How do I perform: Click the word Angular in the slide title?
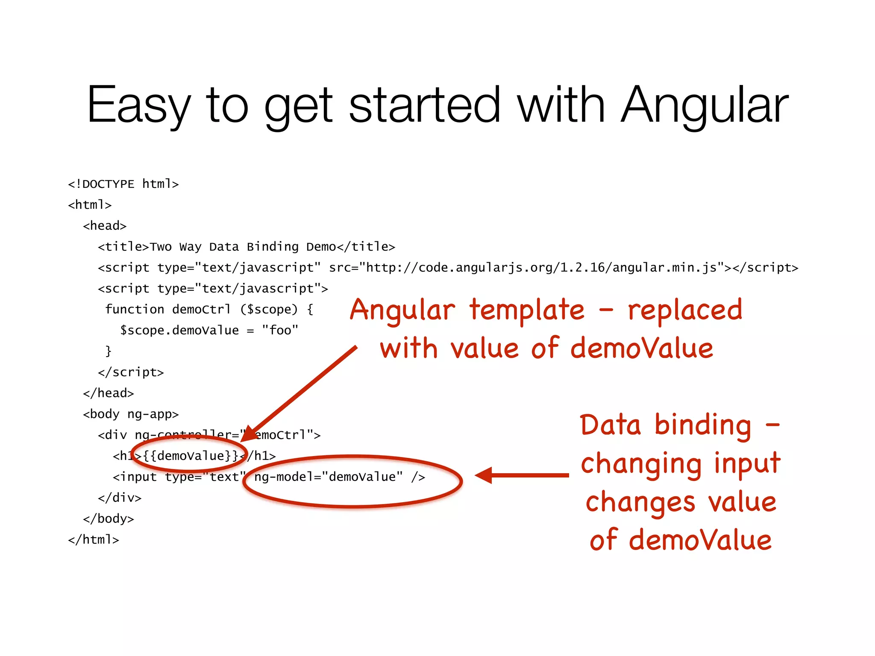(704, 105)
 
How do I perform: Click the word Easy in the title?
(138, 105)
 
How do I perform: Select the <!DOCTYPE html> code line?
(123, 184)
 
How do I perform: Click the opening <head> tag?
(105, 226)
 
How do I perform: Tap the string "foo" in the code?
(280, 330)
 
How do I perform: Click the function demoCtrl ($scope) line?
(209, 309)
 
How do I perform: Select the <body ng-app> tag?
(131, 414)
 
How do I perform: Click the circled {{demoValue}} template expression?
(191, 456)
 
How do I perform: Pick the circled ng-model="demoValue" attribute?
(328, 477)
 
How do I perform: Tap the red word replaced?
(685, 310)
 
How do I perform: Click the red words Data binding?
(665, 425)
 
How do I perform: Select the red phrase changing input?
(680, 464)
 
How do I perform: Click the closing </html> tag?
(94, 539)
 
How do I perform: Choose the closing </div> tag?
(120, 498)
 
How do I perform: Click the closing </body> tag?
(109, 518)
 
